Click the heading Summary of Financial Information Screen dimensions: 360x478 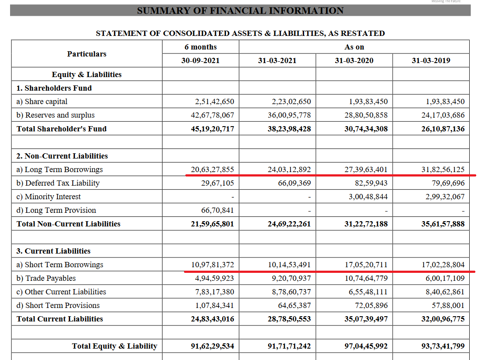pyautogui.click(x=240, y=11)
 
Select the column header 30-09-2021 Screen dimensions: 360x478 pyautogui.click(x=200, y=60)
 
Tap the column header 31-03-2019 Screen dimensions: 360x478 pyautogui.click(x=431, y=60)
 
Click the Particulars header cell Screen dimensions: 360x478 pyautogui.click(x=87, y=54)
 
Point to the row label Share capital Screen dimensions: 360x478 pyautogui.click(x=42, y=102)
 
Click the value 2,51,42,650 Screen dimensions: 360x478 pyautogui.click(x=215, y=102)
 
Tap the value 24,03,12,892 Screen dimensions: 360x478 pyautogui.click(x=289, y=169)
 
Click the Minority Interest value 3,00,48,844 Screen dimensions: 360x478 pyautogui.click(x=368, y=197)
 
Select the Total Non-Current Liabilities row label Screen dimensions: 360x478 pyautogui.click(x=68, y=224)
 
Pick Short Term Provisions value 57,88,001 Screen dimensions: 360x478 pyautogui.click(x=445, y=305)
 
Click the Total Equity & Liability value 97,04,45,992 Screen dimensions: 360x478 pyautogui.click(x=366, y=346)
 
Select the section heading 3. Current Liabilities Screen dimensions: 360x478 pyautogui.click(x=53, y=251)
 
